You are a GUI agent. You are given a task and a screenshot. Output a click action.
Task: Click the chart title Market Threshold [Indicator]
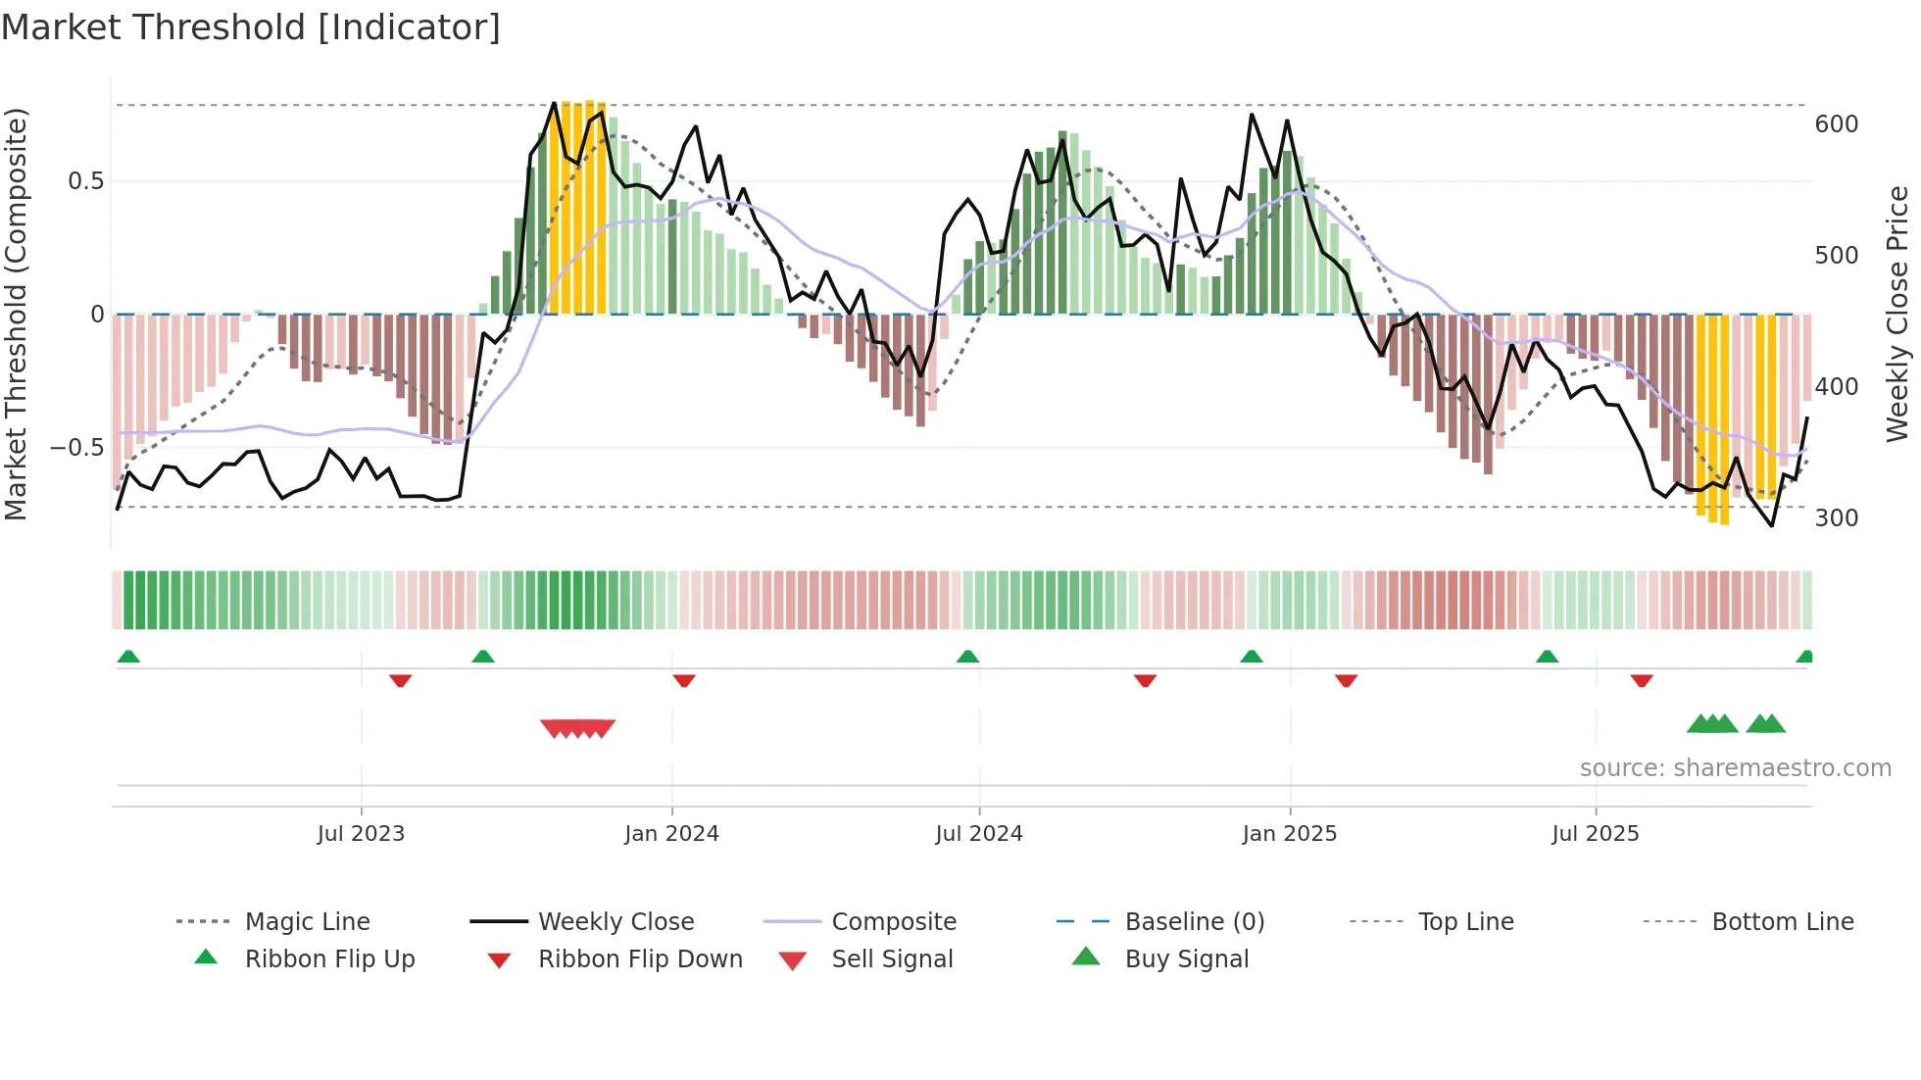[x=251, y=27]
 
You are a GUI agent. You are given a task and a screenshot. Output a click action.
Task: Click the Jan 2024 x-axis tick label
[x=671, y=833]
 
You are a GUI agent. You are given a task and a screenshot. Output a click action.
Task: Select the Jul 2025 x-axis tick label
[x=1595, y=833]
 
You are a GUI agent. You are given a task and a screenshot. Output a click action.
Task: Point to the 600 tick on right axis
[x=1836, y=124]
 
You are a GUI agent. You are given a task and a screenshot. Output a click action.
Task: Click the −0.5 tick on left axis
[x=76, y=448]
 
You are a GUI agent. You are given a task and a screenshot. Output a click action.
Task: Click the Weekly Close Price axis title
[x=1897, y=314]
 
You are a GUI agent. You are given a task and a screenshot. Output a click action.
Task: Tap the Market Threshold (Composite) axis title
[x=16, y=314]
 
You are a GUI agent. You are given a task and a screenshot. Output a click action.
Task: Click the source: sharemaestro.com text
[x=1735, y=767]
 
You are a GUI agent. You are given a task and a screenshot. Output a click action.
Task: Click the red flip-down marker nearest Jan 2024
[x=684, y=680]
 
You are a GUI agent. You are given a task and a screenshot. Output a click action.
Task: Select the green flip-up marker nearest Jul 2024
[x=967, y=657]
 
